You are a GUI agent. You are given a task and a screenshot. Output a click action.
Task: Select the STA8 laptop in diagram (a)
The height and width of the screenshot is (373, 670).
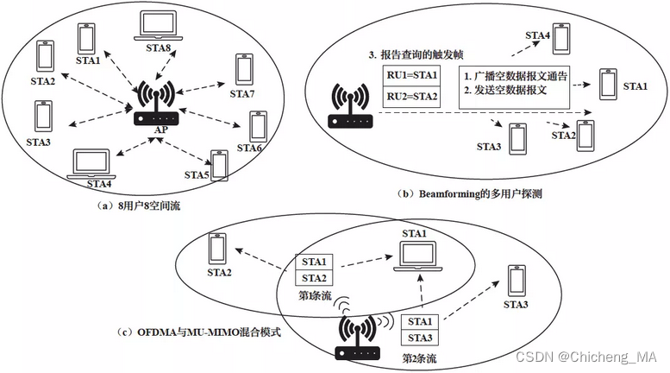point(153,28)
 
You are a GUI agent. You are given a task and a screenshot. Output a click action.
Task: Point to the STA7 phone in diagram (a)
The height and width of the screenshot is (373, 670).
point(244,69)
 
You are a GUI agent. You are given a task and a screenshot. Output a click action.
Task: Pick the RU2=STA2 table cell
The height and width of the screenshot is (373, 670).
point(411,98)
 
